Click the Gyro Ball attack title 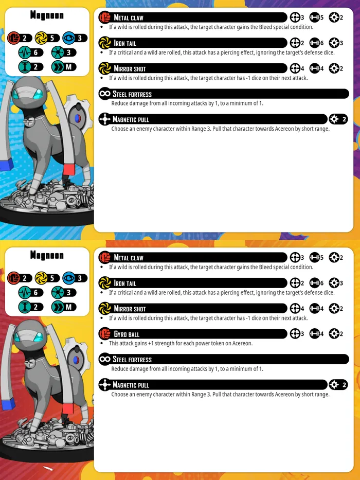(x=127, y=334)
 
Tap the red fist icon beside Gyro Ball (x=105, y=333)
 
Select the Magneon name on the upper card (x=47, y=15)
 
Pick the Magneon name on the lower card (x=47, y=255)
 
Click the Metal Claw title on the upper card (x=129, y=17)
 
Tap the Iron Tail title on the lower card (x=125, y=283)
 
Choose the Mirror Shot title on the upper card (x=130, y=68)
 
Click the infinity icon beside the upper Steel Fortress (x=105, y=93)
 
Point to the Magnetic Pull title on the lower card (x=131, y=385)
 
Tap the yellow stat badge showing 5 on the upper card (x=47, y=38)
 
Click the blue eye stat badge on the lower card (x=75, y=278)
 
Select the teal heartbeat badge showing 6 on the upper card (x=31, y=52)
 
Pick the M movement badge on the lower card (x=64, y=307)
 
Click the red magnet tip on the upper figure (x=69, y=169)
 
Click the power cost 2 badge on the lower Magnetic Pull (x=338, y=384)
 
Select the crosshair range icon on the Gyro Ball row (x=295, y=334)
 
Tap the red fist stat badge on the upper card (x=20, y=38)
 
